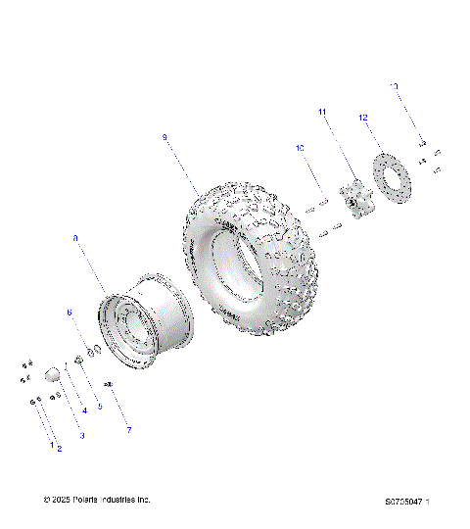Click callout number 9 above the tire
pos(164,138)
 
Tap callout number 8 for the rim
pos(75,237)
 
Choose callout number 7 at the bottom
pos(127,430)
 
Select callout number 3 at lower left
pos(81,435)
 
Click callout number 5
pos(99,406)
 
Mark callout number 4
pos(84,410)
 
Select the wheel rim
pos(145,320)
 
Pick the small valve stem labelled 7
pos(109,384)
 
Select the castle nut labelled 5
pos(79,363)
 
